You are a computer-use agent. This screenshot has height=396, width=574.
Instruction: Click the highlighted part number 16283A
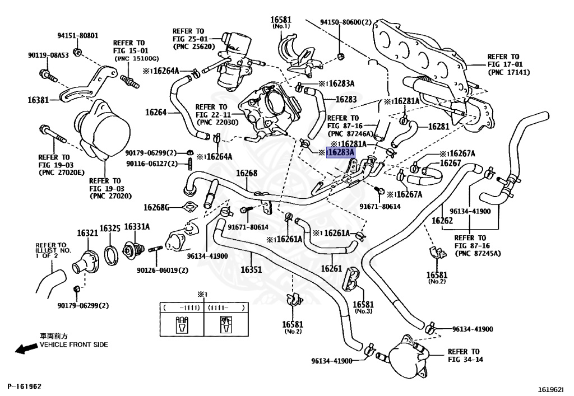point(340,152)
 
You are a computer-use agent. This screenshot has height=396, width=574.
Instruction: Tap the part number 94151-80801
point(77,36)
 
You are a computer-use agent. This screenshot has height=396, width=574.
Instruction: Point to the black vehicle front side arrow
point(26,349)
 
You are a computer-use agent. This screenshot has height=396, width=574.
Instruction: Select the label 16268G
point(156,207)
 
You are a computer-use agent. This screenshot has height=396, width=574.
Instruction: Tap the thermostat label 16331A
point(137,227)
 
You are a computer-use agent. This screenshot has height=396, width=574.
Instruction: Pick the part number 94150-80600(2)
point(346,22)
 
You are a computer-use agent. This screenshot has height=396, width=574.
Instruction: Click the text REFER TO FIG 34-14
point(465,356)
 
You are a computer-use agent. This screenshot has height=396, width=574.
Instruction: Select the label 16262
point(442,221)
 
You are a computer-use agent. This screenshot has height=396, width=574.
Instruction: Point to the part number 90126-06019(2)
point(163,270)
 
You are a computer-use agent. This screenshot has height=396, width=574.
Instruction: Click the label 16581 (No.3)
point(363,308)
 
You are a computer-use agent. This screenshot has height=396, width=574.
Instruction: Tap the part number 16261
point(331,269)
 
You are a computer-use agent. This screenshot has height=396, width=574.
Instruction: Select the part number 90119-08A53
point(48,55)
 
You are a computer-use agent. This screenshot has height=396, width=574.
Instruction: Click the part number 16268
point(246,174)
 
